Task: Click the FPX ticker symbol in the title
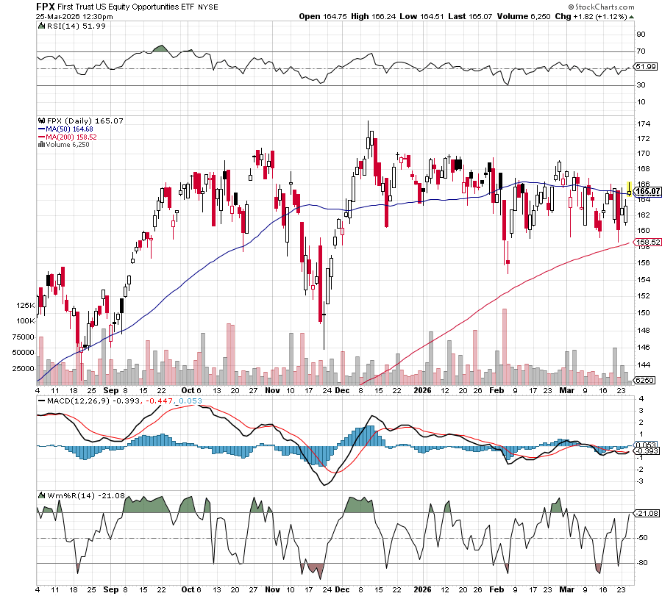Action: click(x=46, y=5)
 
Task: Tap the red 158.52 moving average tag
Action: click(x=645, y=242)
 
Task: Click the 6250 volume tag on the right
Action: click(x=644, y=380)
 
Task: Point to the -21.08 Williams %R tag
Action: click(x=645, y=513)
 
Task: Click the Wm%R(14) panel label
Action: click(x=59, y=496)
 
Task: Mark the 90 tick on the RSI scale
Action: click(x=641, y=34)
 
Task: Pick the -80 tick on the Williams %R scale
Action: click(x=641, y=564)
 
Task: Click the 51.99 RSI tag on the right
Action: click(x=645, y=66)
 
